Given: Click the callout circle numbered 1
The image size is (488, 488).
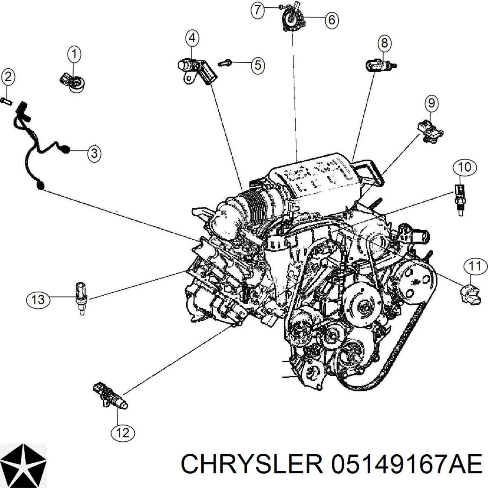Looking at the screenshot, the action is [x=74, y=54].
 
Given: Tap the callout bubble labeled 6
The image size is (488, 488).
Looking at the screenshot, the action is [x=331, y=20].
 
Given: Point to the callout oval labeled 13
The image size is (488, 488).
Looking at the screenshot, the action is [x=38, y=300].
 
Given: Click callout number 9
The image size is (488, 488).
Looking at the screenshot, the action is [x=431, y=104].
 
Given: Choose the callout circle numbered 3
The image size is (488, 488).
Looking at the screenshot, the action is [x=94, y=153].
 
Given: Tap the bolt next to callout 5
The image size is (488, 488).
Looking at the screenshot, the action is [x=224, y=62].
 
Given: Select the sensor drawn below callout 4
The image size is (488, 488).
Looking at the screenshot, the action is [x=198, y=71].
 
